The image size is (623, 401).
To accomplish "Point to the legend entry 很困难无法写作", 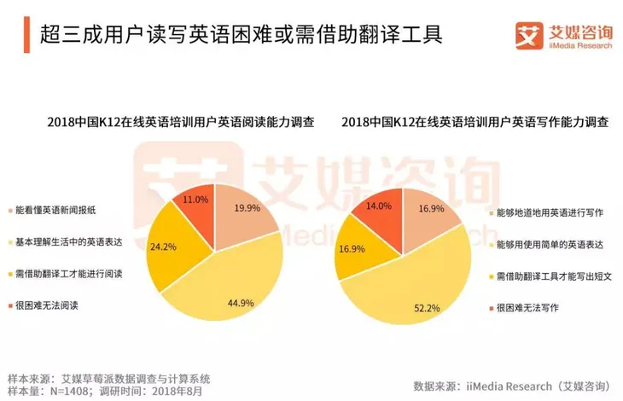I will pos(527,309).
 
